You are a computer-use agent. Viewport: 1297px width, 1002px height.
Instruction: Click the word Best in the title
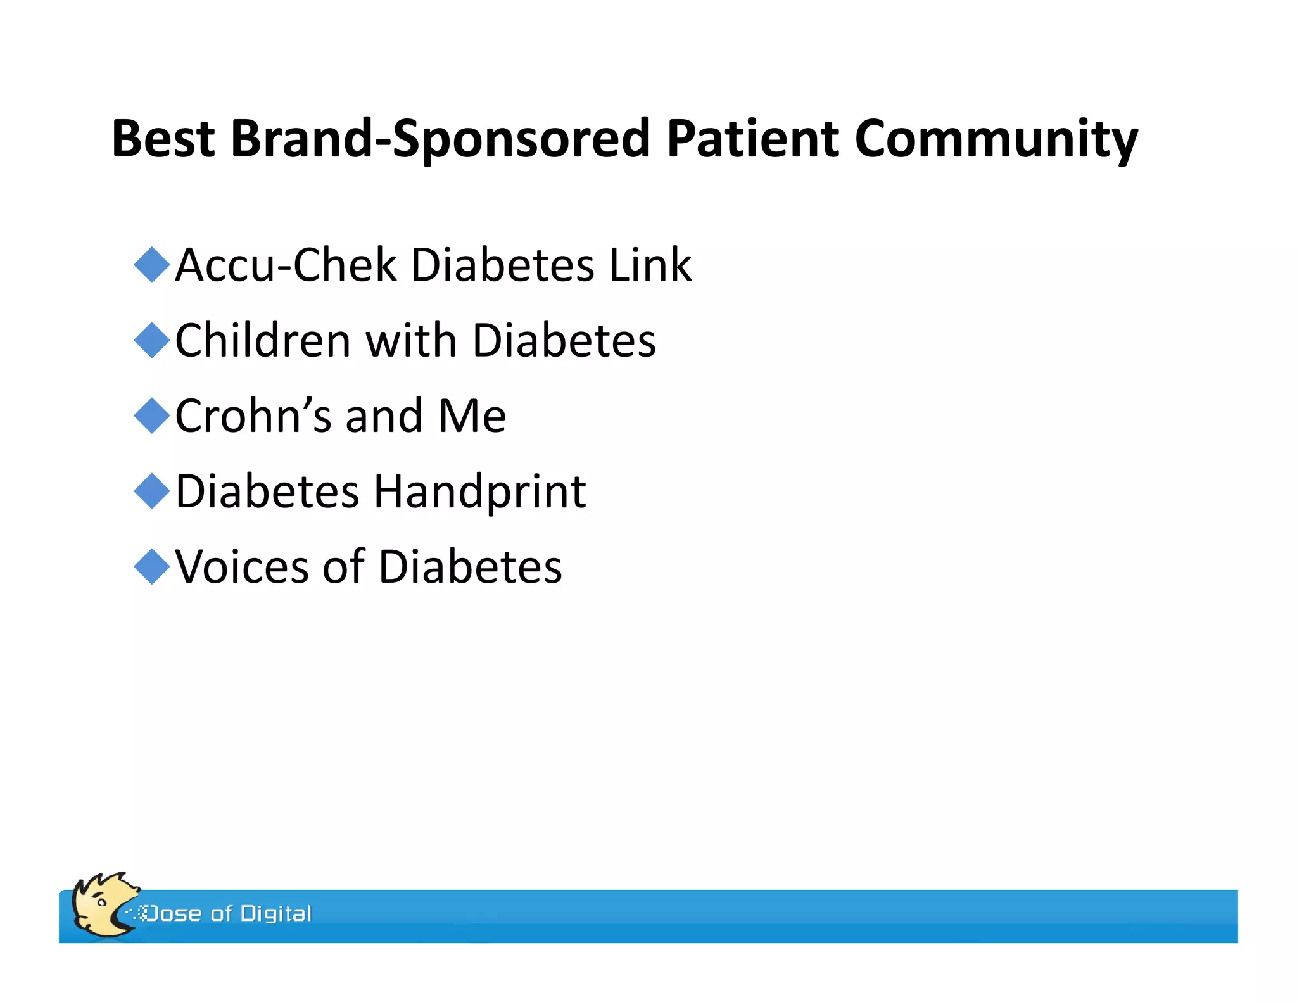click(x=163, y=139)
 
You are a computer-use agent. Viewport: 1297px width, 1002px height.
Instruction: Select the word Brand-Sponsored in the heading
click(x=440, y=139)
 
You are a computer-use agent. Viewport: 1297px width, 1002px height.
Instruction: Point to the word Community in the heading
click(x=996, y=140)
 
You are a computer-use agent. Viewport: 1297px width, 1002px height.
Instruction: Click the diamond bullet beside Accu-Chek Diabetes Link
click(x=152, y=265)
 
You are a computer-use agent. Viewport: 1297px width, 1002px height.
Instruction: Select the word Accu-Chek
click(x=285, y=265)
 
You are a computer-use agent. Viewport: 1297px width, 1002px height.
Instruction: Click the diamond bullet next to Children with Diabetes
click(x=152, y=340)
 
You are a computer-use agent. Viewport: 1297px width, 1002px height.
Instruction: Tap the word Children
click(x=263, y=341)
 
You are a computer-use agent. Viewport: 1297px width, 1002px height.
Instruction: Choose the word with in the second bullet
click(x=412, y=341)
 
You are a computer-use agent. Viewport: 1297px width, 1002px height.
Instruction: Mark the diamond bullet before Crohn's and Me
click(x=152, y=415)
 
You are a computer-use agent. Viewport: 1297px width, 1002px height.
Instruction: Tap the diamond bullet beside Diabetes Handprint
click(x=152, y=491)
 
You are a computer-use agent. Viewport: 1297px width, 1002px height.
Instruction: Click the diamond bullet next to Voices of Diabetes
click(x=152, y=566)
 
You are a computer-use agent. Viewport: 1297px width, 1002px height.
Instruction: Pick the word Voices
click(x=243, y=566)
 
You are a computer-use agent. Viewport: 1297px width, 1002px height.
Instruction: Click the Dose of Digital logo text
click(x=228, y=913)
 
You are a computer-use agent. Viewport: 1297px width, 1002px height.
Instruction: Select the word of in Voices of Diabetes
click(x=343, y=566)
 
